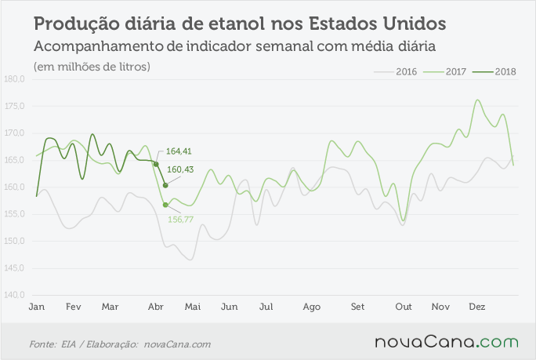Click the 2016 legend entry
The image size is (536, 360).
395,72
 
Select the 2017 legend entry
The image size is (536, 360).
445,72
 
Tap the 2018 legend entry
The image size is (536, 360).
494,72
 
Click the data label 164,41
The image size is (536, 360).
179,151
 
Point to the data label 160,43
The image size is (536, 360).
180,169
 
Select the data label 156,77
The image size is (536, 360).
180,220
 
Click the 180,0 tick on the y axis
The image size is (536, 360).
14,79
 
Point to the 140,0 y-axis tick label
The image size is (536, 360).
14,295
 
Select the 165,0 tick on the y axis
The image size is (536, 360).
14,160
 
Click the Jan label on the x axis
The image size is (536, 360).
37,307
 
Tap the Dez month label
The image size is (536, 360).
477,307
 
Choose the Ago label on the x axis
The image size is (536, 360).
311,307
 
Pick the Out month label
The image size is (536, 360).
404,307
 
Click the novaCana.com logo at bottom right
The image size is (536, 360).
447,342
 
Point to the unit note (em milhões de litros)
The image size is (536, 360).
92,67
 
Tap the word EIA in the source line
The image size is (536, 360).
68,344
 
